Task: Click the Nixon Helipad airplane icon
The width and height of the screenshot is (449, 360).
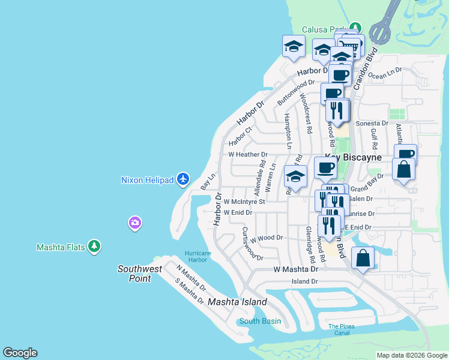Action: pos(184,179)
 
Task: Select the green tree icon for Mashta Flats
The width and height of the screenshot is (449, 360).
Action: pos(94,246)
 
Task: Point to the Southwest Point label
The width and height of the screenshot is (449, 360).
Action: pos(140,274)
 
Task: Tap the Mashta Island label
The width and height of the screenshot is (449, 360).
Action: pos(237,302)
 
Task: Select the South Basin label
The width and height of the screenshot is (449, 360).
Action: pos(260,321)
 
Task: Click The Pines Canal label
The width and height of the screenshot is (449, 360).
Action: pos(342,329)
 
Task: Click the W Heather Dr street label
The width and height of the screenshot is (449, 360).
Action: pos(247,154)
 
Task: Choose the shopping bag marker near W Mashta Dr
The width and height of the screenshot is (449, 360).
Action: pos(363,259)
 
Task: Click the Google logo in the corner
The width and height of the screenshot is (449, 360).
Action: pos(20,353)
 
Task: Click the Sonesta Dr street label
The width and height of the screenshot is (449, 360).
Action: pos(372,123)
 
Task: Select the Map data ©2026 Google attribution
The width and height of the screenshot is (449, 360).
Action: pos(412,355)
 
